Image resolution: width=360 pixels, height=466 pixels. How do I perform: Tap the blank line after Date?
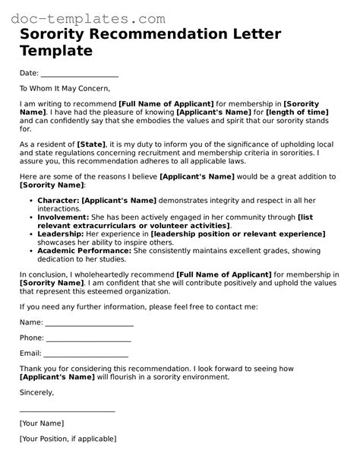79,74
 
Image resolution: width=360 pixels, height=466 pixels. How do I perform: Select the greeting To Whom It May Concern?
65,88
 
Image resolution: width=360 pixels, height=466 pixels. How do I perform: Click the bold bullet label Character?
58,200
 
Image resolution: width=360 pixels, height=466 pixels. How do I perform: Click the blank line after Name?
90,322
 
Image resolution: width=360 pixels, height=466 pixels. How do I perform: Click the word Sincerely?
36,392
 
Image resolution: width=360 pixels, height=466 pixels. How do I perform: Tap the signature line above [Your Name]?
67,411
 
